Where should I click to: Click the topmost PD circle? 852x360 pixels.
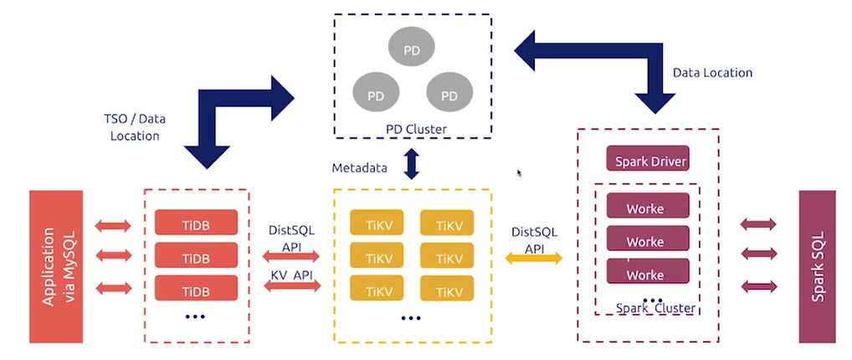coord(411,50)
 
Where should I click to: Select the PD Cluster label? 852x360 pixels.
coord(416,129)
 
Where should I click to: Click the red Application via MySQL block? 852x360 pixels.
coord(56,266)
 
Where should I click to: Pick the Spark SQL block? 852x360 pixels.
coord(818,266)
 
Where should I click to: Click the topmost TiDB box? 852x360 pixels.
coord(196,223)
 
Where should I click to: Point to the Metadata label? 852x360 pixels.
coord(359,167)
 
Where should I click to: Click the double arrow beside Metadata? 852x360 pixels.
coord(411,164)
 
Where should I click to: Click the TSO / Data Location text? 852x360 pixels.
coord(135,127)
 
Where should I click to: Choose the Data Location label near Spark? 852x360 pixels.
coord(712,73)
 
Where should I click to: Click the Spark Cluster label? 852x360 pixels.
coord(655,308)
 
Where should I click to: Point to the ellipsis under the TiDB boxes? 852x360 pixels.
coord(195,317)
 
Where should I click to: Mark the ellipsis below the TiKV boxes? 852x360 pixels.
coord(411,318)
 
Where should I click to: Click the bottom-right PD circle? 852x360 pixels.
coord(449,95)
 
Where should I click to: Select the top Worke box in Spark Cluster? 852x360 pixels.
coord(646,207)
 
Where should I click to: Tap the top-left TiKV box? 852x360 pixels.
coord(376,224)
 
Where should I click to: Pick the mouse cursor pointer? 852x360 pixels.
coord(519,173)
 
